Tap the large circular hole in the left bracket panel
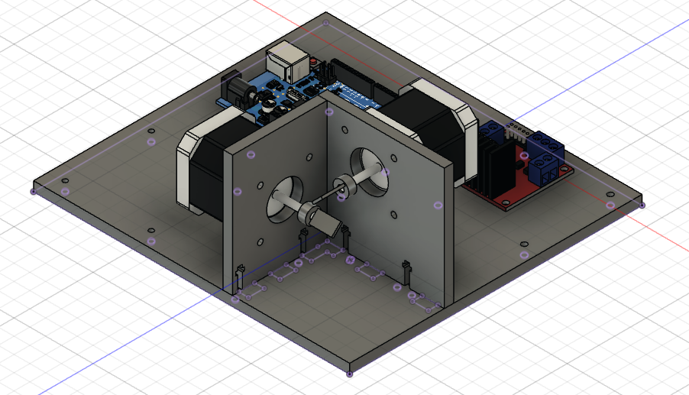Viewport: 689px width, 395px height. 284,197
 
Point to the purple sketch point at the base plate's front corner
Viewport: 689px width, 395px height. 350,374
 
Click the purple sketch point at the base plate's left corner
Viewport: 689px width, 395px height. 33,191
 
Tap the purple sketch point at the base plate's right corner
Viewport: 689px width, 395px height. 642,205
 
